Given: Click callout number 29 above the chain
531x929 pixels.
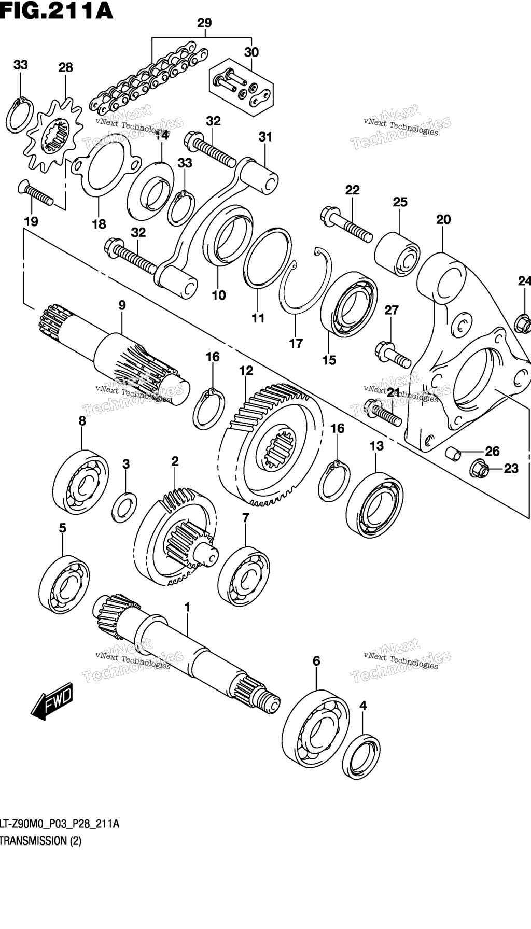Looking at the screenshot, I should [x=204, y=23].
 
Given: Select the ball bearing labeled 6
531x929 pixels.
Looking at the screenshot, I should [x=316, y=728].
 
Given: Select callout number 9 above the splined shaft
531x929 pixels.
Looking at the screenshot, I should [x=122, y=305].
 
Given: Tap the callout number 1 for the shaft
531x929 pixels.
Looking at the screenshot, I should [x=187, y=606].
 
